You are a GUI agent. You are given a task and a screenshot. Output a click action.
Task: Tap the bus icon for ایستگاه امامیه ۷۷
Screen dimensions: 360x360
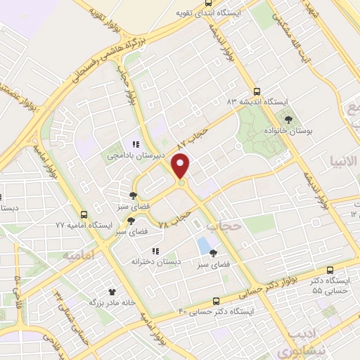pyautogui.click(x=84, y=214)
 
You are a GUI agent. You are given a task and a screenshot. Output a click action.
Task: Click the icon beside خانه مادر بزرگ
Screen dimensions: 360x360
pyautogui.click(x=111, y=290)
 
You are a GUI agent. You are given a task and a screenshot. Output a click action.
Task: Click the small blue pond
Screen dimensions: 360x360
pyautogui.click(x=205, y=247)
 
